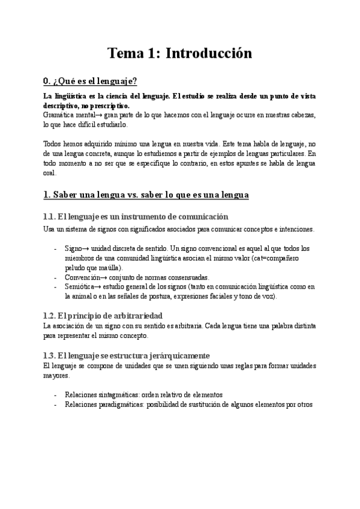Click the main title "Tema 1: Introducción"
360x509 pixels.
(x=179, y=53)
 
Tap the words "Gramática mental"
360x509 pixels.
(x=65, y=113)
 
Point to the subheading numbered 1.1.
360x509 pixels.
(x=136, y=216)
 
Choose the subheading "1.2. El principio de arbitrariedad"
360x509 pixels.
(x=112, y=315)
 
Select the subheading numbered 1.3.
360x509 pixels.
(x=127, y=355)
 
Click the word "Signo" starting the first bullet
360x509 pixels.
(x=75, y=248)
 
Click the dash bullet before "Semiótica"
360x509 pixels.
(x=56, y=286)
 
